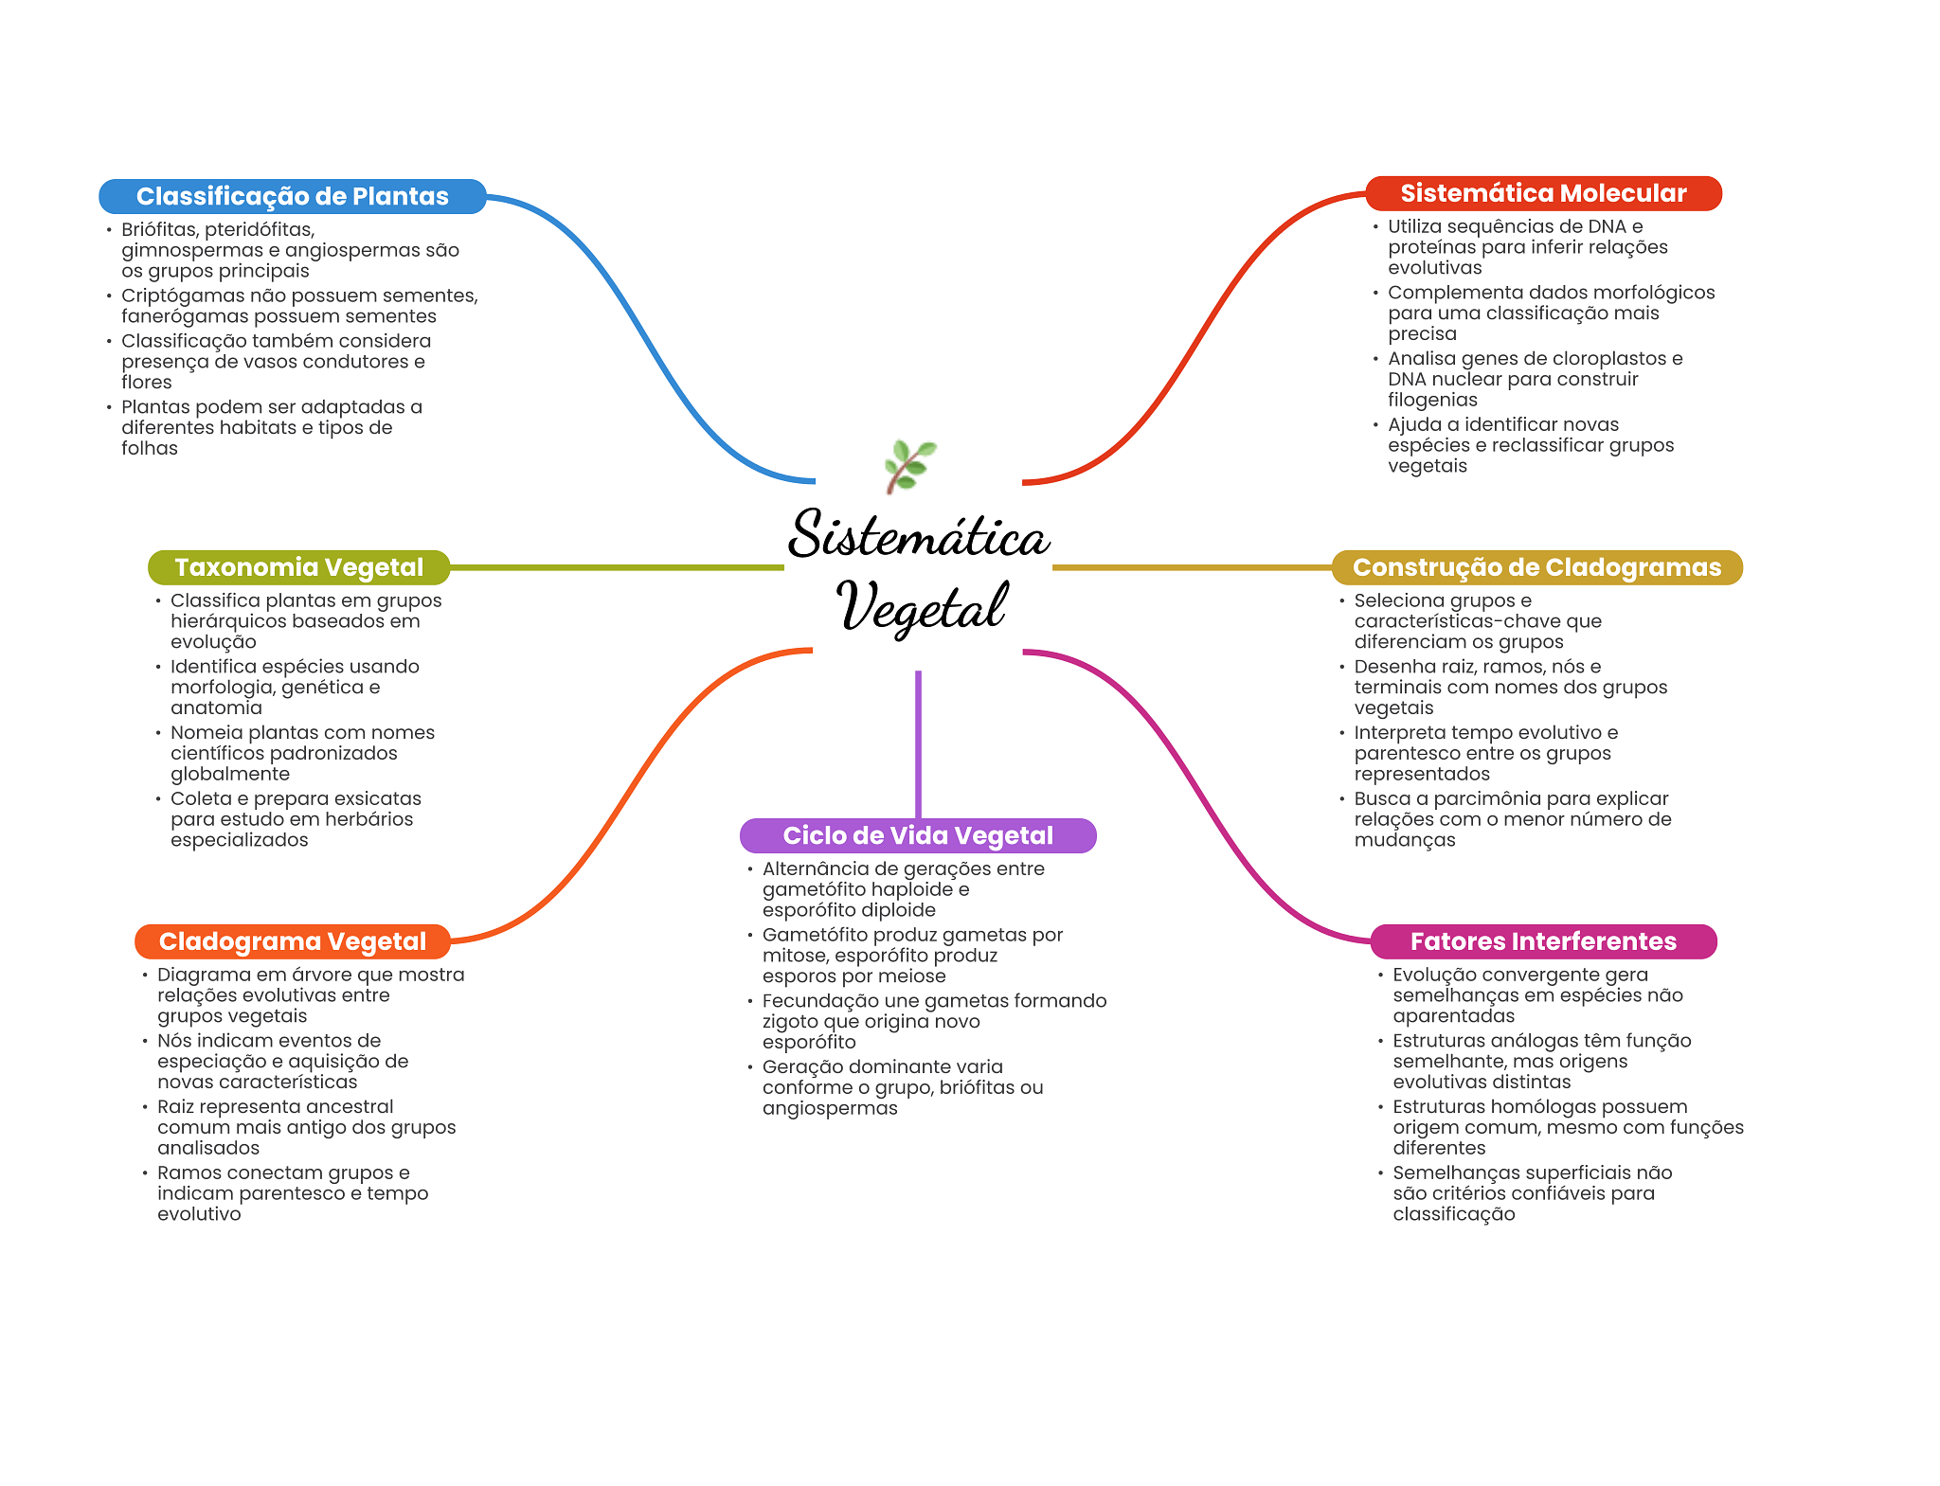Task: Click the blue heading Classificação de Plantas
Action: click(x=292, y=196)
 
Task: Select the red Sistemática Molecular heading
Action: click(x=1543, y=193)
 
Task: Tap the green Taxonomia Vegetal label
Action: click(x=299, y=567)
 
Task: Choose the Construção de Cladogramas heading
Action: click(x=1536, y=567)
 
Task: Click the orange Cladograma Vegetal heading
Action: click(x=293, y=941)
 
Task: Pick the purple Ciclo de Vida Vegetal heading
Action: click(x=918, y=835)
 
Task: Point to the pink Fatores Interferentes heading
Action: click(x=1543, y=941)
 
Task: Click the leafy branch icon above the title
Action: click(x=909, y=466)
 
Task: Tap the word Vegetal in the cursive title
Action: click(x=922, y=606)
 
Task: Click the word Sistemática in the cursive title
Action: click(x=919, y=534)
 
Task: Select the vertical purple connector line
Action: click(x=918, y=744)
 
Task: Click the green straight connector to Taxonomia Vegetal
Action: click(x=617, y=567)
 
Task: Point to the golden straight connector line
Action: click(x=1192, y=567)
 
